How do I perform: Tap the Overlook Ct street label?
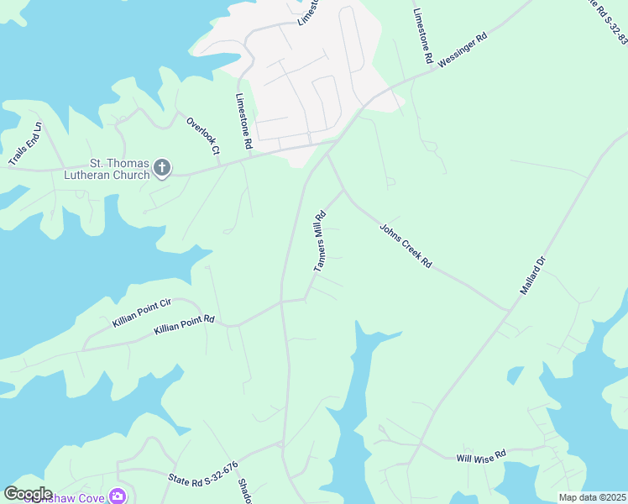[x=202, y=134]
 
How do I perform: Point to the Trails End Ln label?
[x=24, y=144]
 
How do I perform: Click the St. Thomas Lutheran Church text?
[x=107, y=169]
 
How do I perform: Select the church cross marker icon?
[x=161, y=169]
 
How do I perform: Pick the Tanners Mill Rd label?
[x=319, y=241]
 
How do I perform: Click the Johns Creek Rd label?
[x=406, y=245]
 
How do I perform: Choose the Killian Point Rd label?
[x=185, y=325]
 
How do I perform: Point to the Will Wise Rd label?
[x=481, y=456]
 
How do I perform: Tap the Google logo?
[x=28, y=493]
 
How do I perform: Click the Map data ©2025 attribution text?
[x=591, y=497]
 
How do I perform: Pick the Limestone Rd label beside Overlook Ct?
[x=243, y=121]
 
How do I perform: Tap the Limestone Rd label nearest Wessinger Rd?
[x=422, y=37]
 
